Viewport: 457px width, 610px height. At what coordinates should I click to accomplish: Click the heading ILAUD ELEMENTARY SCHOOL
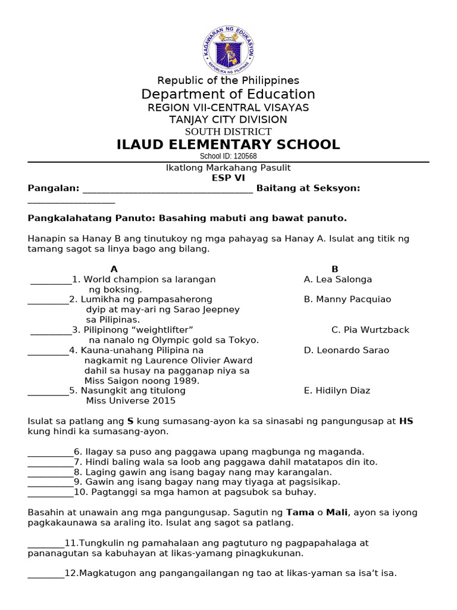tap(228, 145)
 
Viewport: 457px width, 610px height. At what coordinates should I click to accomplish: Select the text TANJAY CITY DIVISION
tap(228, 120)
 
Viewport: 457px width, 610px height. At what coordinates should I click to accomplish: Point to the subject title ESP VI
tap(228, 178)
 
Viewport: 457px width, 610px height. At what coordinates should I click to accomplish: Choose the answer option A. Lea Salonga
tap(337, 279)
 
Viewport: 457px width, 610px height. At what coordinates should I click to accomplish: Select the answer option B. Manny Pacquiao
tap(347, 300)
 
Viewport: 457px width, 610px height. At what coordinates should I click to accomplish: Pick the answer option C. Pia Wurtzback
tap(370, 330)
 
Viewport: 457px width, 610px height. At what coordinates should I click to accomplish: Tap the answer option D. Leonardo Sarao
tap(346, 350)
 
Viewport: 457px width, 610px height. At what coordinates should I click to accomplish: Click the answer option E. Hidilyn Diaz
tap(337, 391)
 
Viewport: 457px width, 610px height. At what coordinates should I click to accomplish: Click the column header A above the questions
tap(114, 269)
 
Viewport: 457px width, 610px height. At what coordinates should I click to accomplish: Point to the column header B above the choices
tap(335, 269)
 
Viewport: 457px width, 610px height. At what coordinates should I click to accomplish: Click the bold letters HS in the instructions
tap(406, 421)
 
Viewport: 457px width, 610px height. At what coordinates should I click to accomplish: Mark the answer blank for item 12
tap(46, 575)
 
